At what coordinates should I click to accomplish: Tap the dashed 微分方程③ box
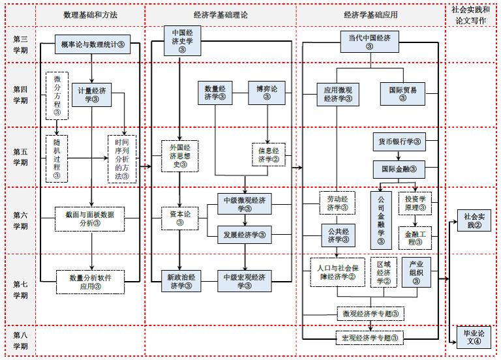[x=57, y=95]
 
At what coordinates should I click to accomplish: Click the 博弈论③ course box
[x=266, y=92]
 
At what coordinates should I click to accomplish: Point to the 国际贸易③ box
[x=402, y=93]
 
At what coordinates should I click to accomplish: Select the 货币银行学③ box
[x=399, y=142]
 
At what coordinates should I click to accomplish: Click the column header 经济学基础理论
[x=220, y=14]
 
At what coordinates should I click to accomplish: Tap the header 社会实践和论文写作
[x=474, y=14]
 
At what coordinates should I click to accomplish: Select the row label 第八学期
[x=20, y=340]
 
